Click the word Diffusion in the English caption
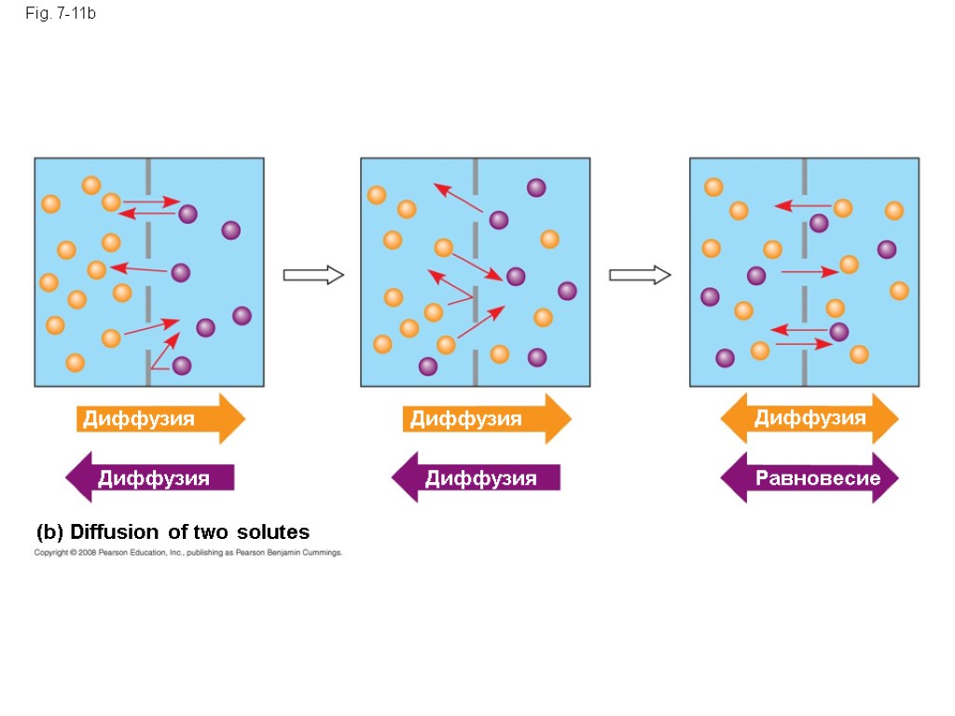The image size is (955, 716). (115, 532)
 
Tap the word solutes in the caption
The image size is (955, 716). (272, 532)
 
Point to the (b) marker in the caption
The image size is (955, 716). (49, 532)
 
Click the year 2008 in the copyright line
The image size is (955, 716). (85, 553)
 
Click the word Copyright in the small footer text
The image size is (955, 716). (51, 553)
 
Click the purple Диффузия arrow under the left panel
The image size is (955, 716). (150, 478)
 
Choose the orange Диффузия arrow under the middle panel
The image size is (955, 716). (486, 419)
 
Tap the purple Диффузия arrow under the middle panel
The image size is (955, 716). (477, 478)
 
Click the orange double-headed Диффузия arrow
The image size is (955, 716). (810, 418)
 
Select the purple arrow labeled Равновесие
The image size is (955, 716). (810, 478)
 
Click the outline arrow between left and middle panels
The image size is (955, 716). (313, 274)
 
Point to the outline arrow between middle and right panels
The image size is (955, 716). (640, 274)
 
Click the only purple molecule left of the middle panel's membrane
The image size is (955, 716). (428, 365)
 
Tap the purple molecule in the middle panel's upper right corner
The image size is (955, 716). (536, 187)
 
